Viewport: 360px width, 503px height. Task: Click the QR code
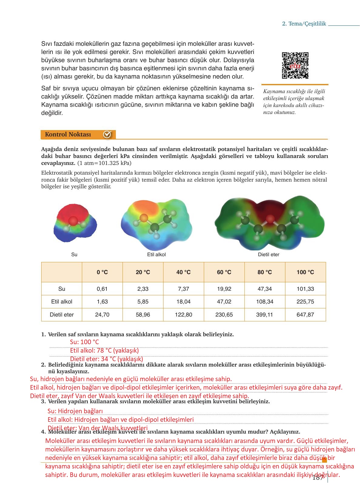pyautogui.click(x=295, y=65)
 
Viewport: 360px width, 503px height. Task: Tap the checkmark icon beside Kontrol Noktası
pyautogui.click(x=107, y=134)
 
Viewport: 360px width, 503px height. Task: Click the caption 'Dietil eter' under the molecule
pyautogui.click(x=268, y=254)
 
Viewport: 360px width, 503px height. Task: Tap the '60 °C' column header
pyautogui.click(x=224, y=272)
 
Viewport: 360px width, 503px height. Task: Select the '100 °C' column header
pyautogui.click(x=305, y=272)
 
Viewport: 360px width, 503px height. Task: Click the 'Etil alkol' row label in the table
pyautogui.click(x=62, y=302)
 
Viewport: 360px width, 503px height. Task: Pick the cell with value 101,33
pyautogui.click(x=305, y=289)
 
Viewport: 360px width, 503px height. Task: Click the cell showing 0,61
pyautogui.click(x=102, y=289)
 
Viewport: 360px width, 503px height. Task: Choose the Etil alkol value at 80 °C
pyautogui.click(x=265, y=302)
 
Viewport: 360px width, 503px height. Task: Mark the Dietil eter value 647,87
pyautogui.click(x=305, y=315)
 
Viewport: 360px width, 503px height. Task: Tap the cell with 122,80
pyautogui.click(x=183, y=315)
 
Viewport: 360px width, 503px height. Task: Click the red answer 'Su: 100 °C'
pyautogui.click(x=85, y=342)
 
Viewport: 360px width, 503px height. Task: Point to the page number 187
pyautogui.click(x=318, y=478)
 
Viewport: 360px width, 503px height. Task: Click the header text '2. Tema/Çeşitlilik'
pyautogui.click(x=304, y=24)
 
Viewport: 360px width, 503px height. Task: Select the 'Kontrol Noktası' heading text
pyautogui.click(x=68, y=134)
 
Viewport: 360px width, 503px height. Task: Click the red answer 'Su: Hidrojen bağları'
pyautogui.click(x=75, y=411)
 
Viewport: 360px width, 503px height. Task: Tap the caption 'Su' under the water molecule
pyautogui.click(x=74, y=254)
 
